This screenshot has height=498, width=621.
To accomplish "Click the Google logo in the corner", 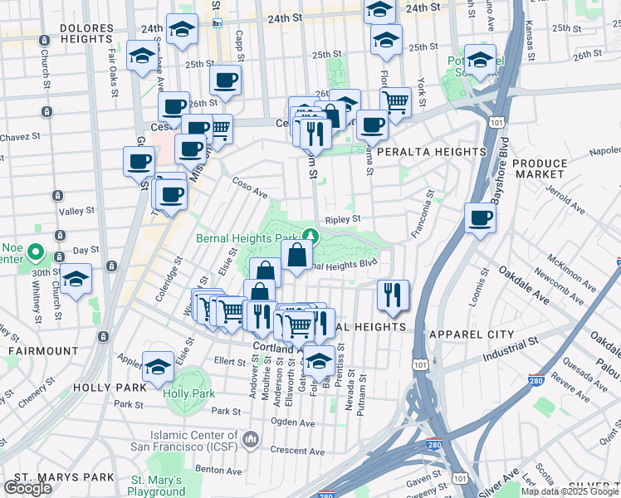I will tap(27, 488).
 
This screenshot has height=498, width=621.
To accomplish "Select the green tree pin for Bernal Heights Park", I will tap(309, 236).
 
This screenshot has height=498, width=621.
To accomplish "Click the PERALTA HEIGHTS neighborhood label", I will tap(431, 153).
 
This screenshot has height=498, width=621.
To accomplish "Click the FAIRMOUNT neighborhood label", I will tap(42, 351).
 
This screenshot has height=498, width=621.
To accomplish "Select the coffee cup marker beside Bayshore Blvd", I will tap(481, 219).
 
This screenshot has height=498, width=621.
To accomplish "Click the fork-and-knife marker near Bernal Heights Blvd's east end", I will tap(392, 295).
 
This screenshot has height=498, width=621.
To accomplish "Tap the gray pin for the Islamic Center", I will tap(249, 437).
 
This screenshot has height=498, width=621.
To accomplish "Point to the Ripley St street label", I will tap(342, 220).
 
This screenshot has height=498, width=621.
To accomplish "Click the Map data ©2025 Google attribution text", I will tap(570, 491).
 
